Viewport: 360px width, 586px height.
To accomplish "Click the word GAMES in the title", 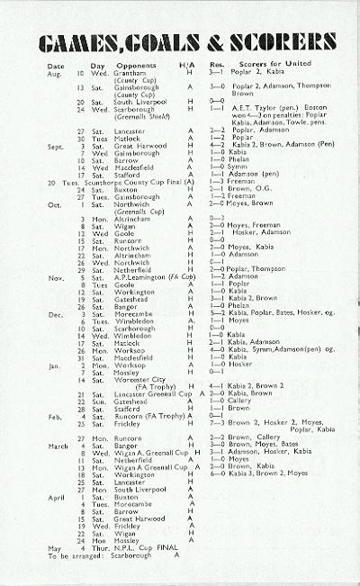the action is click(x=81, y=44).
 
